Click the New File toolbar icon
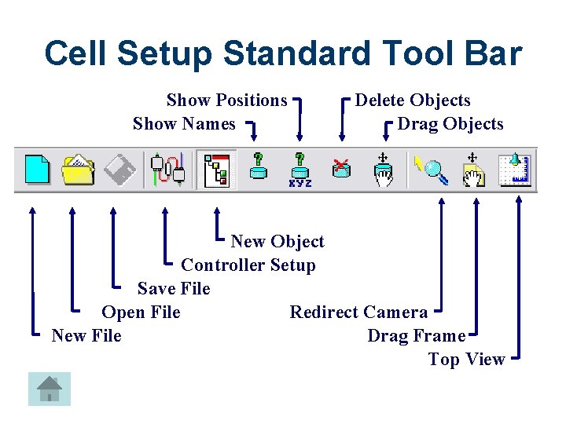point(36,170)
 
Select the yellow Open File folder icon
point(78,170)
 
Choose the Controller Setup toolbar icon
point(167,170)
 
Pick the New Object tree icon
point(215,170)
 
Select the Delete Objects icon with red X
point(341,170)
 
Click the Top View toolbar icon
point(515,170)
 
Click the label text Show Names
point(184,124)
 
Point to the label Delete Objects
point(413,101)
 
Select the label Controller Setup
point(248,265)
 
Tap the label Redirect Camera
point(358,313)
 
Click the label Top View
point(466,360)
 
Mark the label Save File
point(174,289)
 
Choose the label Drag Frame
point(416,336)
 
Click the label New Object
point(277,242)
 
